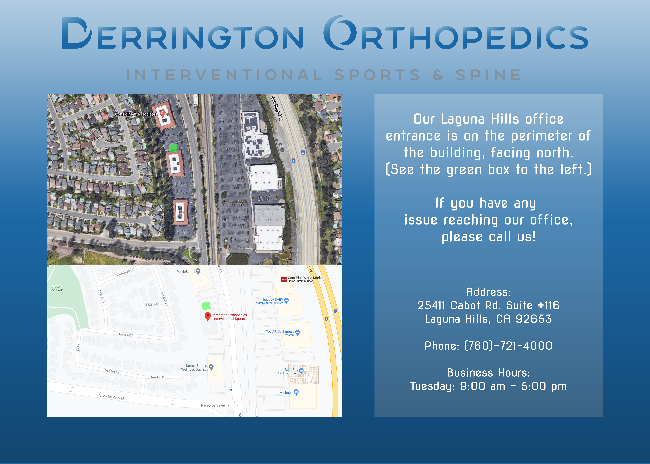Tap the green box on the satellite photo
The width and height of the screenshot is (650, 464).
(x=173, y=148)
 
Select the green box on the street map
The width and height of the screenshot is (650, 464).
(x=206, y=306)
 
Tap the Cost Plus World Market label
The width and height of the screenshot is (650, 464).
(x=306, y=278)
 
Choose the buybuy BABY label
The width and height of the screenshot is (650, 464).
(x=273, y=299)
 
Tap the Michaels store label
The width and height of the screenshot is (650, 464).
(x=286, y=393)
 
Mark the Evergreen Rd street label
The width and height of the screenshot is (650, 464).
(x=127, y=334)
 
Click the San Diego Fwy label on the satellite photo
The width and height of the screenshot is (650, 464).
(x=277, y=109)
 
